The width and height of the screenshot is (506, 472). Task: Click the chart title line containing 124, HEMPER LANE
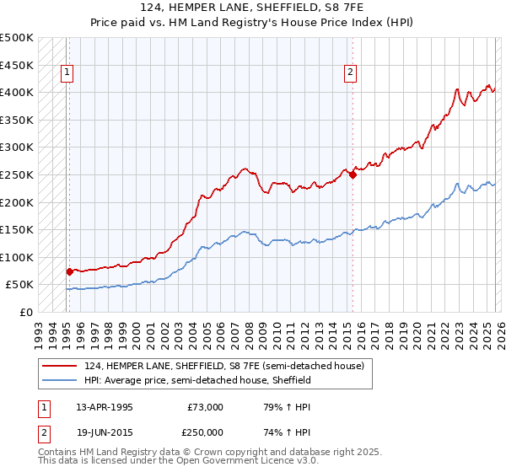pyautogui.click(x=252, y=8)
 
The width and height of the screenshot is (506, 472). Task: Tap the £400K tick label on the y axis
pyautogui.click(x=17, y=92)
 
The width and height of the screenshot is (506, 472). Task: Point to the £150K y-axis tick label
pyautogui.click(x=17, y=229)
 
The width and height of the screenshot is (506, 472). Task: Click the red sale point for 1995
pyautogui.click(x=69, y=271)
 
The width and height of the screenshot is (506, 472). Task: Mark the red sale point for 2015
pyautogui.click(x=352, y=174)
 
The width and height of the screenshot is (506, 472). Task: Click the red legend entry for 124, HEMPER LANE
pyautogui.click(x=223, y=366)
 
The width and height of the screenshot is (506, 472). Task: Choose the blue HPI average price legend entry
pyautogui.click(x=197, y=380)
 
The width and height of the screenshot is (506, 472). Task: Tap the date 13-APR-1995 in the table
pyautogui.click(x=104, y=407)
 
